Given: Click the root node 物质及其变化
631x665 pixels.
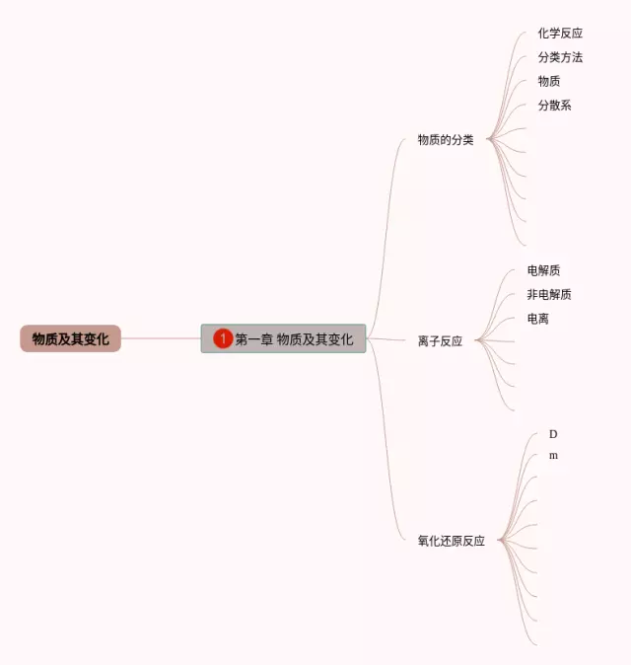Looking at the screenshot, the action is (x=70, y=338).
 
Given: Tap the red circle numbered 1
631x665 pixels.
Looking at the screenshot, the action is (x=223, y=338).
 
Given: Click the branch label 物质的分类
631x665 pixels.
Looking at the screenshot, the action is (x=445, y=140).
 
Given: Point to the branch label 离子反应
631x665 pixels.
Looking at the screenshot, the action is (x=440, y=341).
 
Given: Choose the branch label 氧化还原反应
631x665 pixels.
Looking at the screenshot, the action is (x=451, y=541).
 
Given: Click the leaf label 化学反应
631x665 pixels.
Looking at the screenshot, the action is (x=560, y=34).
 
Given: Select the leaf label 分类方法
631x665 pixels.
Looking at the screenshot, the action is (x=560, y=57).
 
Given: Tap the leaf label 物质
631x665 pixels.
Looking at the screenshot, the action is (x=549, y=81).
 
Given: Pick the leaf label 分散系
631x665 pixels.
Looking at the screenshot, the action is (x=554, y=105).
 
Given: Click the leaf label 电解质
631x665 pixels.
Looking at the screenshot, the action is (x=543, y=270).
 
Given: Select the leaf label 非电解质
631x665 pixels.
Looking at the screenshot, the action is (x=549, y=294).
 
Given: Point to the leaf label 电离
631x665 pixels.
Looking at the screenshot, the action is (x=538, y=319).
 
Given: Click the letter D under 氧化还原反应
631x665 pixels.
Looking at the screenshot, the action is (x=553, y=434).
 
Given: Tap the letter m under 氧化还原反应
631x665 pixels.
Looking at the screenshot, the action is (x=553, y=456).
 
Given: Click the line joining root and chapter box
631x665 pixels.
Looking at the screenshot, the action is (x=161, y=338).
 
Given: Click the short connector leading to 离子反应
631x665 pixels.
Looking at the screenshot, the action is (x=389, y=339).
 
